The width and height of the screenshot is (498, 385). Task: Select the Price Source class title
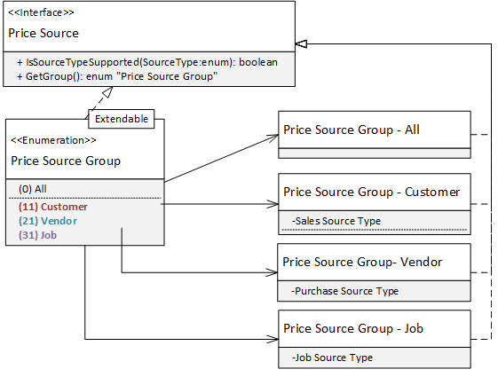[43, 34]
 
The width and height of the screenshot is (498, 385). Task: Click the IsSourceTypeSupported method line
[146, 62]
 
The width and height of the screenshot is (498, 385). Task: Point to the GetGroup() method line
[118, 76]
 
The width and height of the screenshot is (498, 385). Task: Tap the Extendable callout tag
[122, 118]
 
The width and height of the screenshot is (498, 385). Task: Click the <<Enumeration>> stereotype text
[52, 140]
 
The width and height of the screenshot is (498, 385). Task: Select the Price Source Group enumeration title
[66, 161]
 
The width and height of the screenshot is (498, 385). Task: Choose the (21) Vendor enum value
[47, 221]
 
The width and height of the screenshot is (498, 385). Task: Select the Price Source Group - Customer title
[371, 192]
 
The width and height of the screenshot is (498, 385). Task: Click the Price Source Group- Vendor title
[362, 262]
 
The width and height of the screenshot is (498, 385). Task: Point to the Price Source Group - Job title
[352, 328]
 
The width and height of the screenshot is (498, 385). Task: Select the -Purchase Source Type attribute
[344, 291]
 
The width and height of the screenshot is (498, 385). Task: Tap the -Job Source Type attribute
[331, 357]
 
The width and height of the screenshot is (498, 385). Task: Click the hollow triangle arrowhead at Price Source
[301, 43]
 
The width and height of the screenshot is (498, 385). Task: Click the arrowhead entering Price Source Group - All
[273, 137]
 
